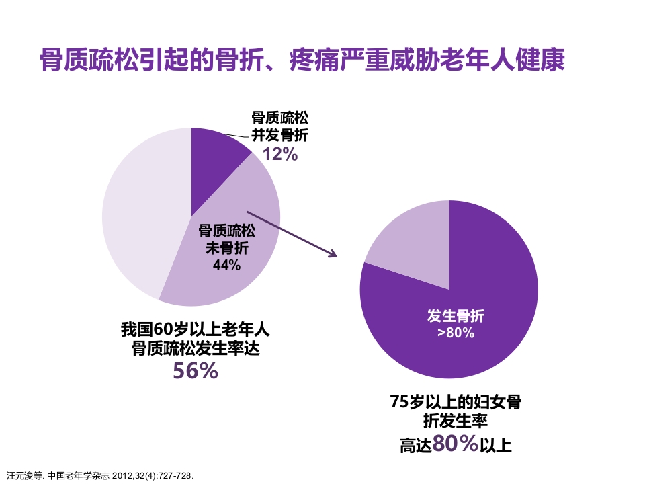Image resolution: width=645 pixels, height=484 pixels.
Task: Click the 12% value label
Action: pyautogui.click(x=279, y=154)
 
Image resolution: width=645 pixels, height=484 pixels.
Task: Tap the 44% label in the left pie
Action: pyautogui.click(x=226, y=265)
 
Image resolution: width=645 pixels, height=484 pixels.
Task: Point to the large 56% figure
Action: pyautogui.click(x=196, y=370)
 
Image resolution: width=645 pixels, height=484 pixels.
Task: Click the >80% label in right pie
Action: pyautogui.click(x=456, y=333)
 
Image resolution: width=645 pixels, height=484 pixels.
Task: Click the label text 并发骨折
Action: pyautogui.click(x=279, y=135)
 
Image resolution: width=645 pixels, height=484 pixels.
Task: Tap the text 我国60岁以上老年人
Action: pyautogui.click(x=195, y=329)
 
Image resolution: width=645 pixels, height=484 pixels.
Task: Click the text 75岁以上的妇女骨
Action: pyautogui.click(x=456, y=403)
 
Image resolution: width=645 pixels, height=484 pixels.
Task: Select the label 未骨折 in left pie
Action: pyautogui.click(x=226, y=248)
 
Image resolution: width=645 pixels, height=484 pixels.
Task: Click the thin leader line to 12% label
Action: pyautogui.click(x=236, y=135)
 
